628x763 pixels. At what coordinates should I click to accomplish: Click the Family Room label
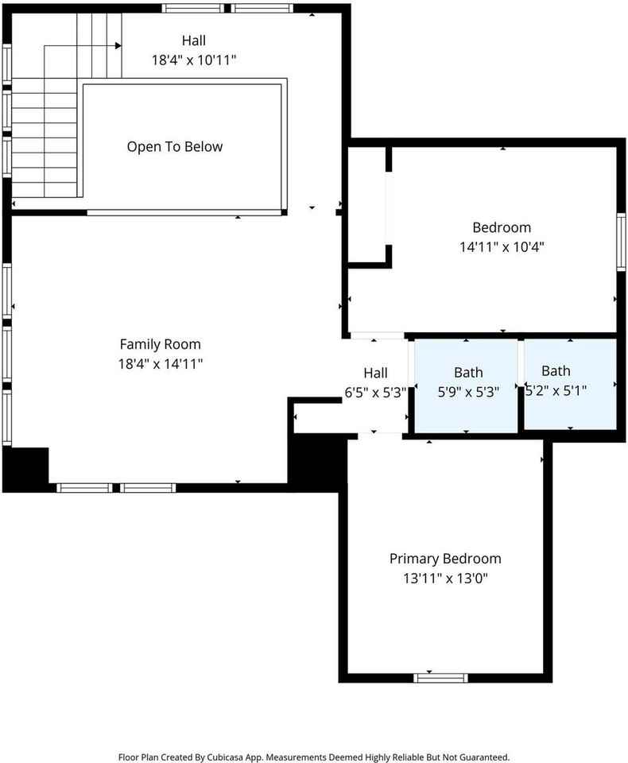coord(160,344)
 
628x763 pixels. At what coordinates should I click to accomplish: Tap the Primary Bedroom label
coord(445,559)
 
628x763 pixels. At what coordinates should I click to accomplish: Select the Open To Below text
coord(175,147)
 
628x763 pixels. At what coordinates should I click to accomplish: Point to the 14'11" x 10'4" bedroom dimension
coord(502,246)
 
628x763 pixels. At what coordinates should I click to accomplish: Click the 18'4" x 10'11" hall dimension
coord(194,60)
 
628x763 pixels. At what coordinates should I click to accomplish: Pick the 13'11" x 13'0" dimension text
coord(445,578)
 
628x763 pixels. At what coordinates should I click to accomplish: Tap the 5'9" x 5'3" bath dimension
coord(468,392)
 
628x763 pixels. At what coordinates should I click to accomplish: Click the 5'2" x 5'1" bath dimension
coord(556,390)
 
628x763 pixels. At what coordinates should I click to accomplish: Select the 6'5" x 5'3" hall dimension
coord(375,392)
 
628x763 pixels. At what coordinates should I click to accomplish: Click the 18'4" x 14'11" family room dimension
coord(160,363)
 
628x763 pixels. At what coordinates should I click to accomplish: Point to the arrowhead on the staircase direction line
coord(118,46)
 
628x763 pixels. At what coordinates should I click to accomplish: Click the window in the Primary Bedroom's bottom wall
coord(440,678)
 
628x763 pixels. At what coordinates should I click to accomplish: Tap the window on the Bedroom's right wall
coord(621,242)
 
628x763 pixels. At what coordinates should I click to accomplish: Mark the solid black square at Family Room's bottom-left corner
coord(25,470)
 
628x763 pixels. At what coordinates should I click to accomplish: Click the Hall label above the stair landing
coord(194,41)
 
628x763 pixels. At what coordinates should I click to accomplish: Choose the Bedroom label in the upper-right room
coord(502,227)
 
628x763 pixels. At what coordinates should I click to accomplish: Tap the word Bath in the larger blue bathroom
coord(468,372)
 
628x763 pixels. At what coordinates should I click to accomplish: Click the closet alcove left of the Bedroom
coord(367,204)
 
